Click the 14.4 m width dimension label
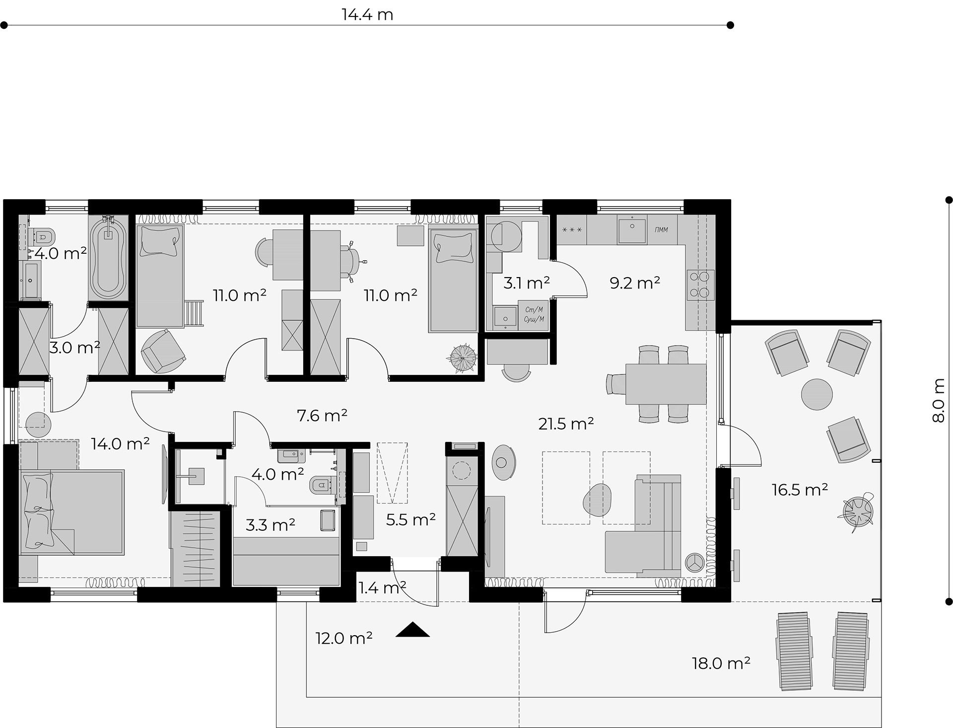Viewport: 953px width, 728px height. tap(367, 14)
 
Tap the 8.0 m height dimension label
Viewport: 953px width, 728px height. tap(938, 400)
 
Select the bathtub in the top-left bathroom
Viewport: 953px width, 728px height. tap(109, 256)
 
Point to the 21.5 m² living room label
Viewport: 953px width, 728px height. tap(566, 424)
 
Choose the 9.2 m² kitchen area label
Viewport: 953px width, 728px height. tap(635, 283)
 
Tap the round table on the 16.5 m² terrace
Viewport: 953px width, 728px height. tap(817, 394)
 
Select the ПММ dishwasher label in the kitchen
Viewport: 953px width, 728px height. tap(661, 229)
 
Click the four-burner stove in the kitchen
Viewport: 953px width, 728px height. tap(700, 285)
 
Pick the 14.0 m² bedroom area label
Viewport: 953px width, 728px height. tap(120, 443)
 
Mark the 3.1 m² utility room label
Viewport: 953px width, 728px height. tap(527, 283)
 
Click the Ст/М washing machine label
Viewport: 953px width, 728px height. tap(534, 309)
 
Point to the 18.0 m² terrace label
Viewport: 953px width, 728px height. tap(721, 663)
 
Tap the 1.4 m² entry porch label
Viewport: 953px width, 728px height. tap(382, 588)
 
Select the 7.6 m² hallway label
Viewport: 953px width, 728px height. tap(322, 415)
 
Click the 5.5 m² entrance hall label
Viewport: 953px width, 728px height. tap(410, 519)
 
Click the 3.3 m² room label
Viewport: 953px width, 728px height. tap(271, 524)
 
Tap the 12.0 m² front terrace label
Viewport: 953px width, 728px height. tap(344, 638)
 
